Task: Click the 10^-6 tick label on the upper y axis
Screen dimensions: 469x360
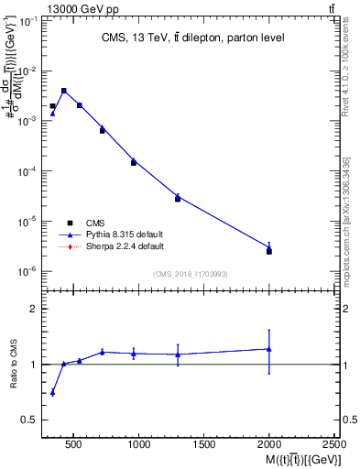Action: point(28,271)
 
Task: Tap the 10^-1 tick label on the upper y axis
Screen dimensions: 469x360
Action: point(28,20)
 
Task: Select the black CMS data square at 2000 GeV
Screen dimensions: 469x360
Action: point(268,251)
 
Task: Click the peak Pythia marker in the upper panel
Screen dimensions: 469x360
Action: point(63,91)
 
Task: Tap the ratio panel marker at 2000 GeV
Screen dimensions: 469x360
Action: point(268,349)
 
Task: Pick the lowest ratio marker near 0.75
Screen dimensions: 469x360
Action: point(52,392)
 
